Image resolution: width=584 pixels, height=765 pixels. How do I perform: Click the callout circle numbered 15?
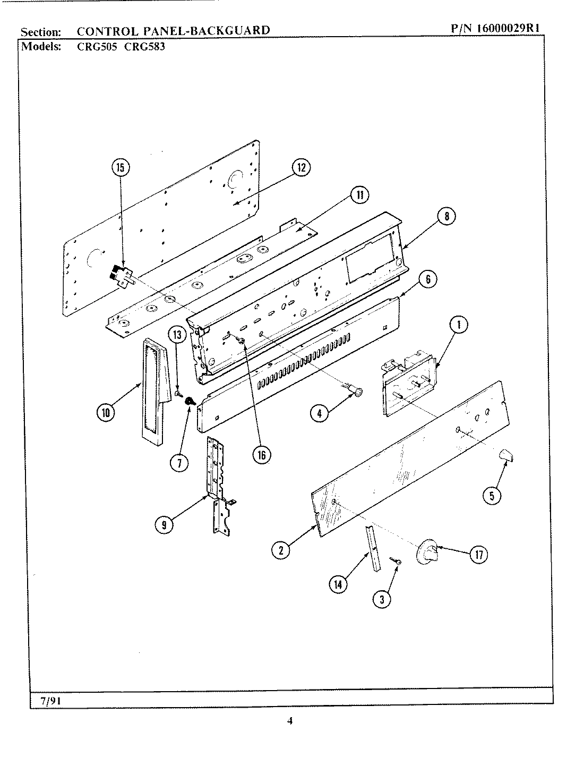121,168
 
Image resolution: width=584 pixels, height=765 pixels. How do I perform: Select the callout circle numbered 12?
300,168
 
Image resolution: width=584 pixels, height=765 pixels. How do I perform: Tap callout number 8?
446,216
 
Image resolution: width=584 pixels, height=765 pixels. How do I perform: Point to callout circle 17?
479,555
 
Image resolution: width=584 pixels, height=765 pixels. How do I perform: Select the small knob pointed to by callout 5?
507,456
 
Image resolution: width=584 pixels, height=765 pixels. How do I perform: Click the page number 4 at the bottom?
290,721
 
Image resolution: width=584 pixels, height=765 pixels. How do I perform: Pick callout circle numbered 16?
261,455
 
